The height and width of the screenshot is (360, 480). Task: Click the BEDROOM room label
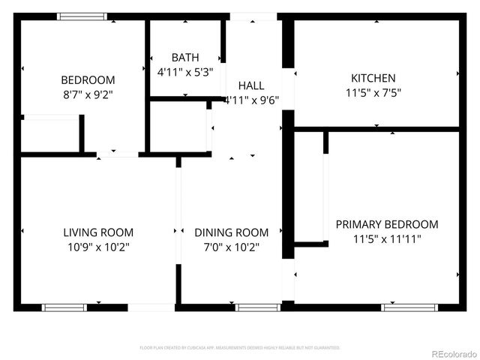(x=88, y=80)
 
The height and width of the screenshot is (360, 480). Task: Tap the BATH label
(x=185, y=58)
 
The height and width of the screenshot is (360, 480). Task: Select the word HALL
(x=251, y=85)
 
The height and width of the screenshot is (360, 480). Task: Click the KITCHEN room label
(x=373, y=78)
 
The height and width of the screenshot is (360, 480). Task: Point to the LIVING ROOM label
(x=98, y=232)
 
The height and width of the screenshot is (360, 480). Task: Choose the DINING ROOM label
(x=231, y=232)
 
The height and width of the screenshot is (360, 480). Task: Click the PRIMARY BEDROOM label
(x=386, y=224)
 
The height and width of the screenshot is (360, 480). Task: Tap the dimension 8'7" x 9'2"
(x=88, y=94)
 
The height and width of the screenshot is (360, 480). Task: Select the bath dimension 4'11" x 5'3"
(x=185, y=72)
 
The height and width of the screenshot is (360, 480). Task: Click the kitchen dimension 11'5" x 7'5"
(x=373, y=93)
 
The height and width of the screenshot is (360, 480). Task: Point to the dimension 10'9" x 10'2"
(x=98, y=246)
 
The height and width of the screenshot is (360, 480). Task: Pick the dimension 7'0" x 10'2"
(x=231, y=247)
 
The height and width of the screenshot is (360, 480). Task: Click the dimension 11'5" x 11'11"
(x=386, y=239)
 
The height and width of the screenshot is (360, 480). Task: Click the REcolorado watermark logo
(x=453, y=353)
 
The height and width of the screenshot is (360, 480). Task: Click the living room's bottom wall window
(x=64, y=307)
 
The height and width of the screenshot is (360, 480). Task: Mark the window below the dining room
(x=258, y=307)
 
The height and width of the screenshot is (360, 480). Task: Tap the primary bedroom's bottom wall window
(x=405, y=307)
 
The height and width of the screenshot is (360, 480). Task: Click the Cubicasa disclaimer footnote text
(x=240, y=348)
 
